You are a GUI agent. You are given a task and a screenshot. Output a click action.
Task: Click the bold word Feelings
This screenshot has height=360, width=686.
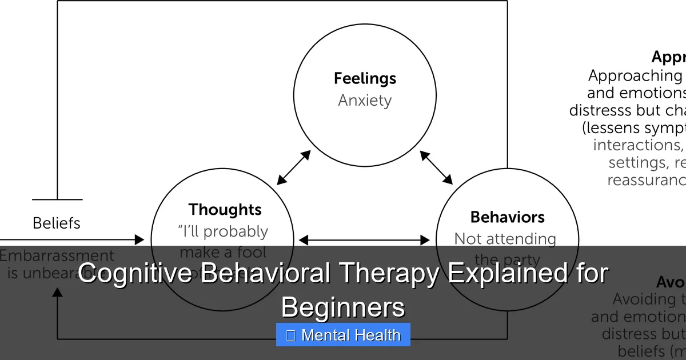point(365,78)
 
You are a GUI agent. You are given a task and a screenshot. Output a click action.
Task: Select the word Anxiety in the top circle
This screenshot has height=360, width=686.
point(365,101)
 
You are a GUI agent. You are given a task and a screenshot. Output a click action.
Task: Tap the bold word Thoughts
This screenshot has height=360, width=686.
point(225,210)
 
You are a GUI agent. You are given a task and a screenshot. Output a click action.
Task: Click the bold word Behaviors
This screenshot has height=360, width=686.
point(507,217)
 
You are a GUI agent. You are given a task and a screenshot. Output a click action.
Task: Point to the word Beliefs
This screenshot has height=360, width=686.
point(57,223)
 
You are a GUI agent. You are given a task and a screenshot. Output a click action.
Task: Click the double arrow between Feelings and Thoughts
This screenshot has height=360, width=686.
point(293,167)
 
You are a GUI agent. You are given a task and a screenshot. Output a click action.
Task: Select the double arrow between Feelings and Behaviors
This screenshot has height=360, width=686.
point(436,167)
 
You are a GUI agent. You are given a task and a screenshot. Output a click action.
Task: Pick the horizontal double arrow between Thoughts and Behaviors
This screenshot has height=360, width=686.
point(364,240)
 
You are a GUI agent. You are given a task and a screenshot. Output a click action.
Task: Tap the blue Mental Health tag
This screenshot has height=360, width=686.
point(343,335)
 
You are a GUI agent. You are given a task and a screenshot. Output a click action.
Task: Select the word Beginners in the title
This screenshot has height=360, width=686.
point(343,307)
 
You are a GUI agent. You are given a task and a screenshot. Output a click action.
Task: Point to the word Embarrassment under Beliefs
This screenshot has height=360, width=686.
point(57,255)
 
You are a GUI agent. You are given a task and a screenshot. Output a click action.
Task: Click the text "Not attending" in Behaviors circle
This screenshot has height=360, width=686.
point(505,239)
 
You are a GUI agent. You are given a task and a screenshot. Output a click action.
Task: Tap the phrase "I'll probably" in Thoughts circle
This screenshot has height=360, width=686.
point(223,231)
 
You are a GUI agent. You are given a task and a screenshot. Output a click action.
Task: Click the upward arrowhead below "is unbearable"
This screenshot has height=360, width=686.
point(57,293)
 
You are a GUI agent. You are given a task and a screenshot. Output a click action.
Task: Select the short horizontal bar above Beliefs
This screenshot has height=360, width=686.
point(57,199)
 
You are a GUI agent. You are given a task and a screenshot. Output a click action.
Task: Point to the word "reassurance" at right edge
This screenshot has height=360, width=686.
point(646,180)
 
